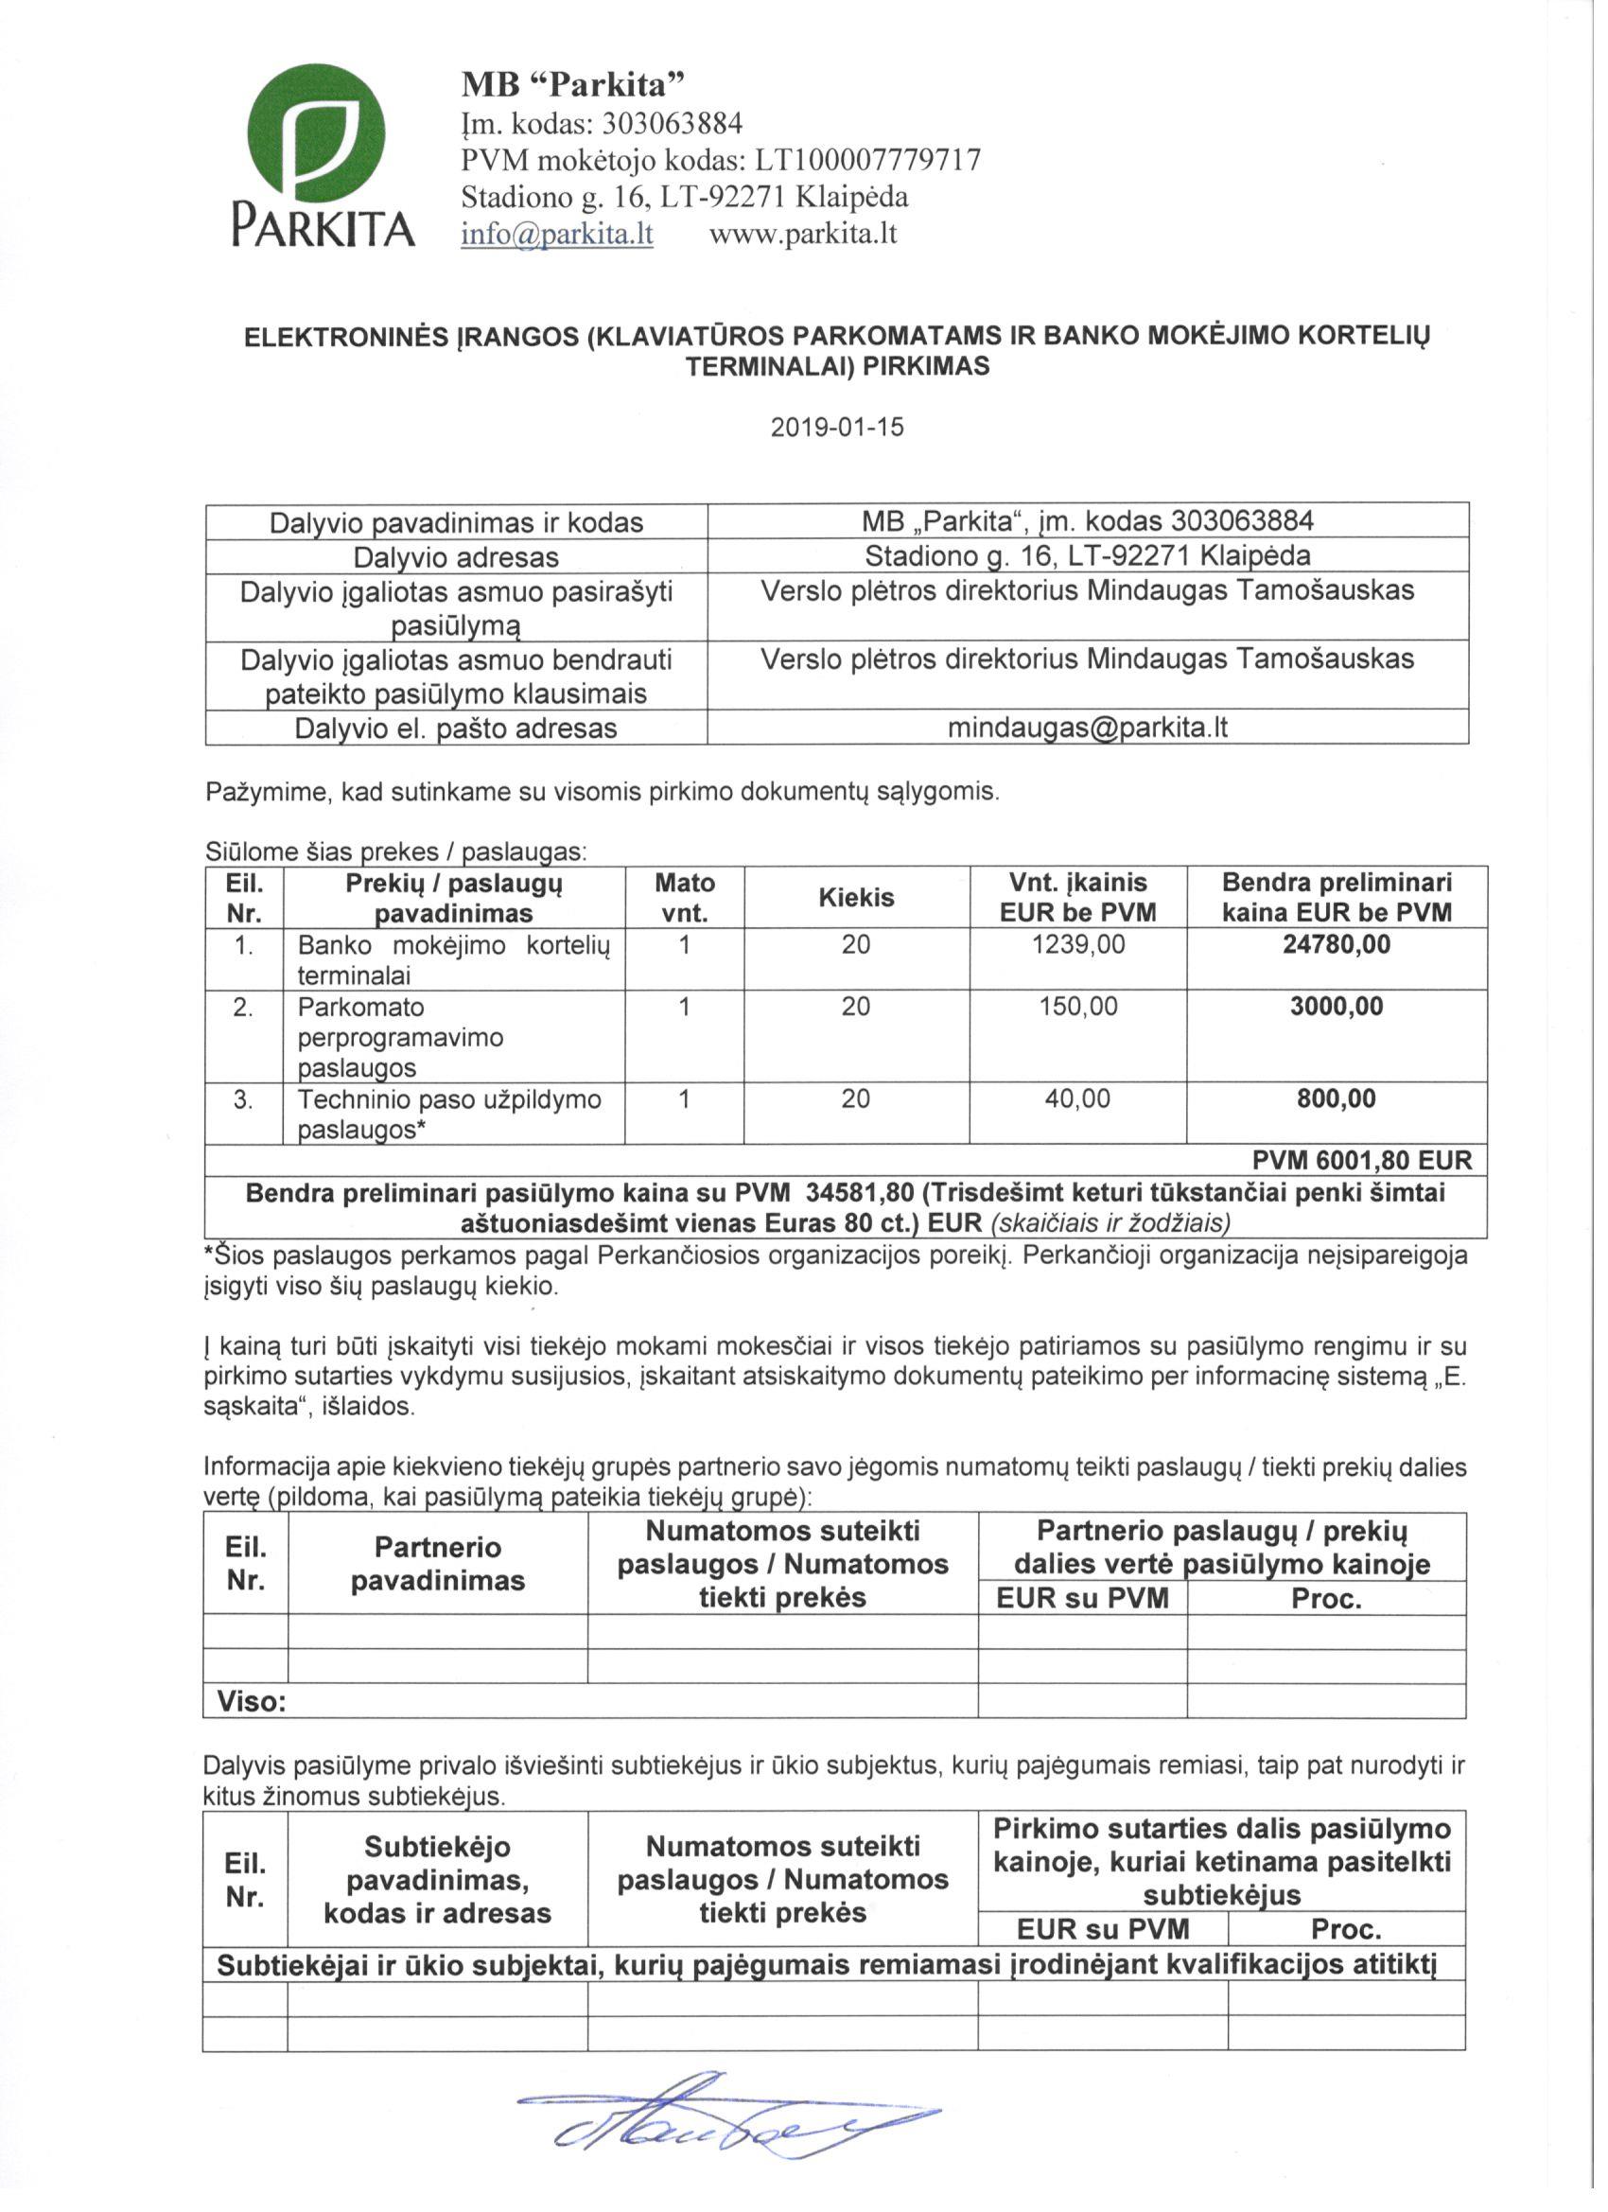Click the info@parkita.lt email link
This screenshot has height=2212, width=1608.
(x=557, y=235)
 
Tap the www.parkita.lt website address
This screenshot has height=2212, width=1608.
(x=802, y=235)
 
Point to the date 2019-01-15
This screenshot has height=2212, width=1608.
(x=837, y=428)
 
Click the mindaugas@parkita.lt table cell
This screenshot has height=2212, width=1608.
(x=1087, y=728)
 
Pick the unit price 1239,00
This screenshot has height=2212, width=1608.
(x=1077, y=944)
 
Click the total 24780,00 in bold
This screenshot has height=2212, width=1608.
(x=1336, y=944)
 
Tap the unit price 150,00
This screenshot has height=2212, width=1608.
(x=1077, y=1007)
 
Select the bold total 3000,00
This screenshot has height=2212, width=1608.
(x=1336, y=1007)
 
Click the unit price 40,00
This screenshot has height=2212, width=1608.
(x=1077, y=1099)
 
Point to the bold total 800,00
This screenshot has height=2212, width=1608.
(x=1336, y=1099)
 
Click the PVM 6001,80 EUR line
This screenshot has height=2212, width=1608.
(x=1361, y=1161)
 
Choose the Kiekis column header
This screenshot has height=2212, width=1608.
(x=856, y=897)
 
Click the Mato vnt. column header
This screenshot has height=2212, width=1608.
(x=685, y=897)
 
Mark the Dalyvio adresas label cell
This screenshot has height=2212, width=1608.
(x=455, y=558)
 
